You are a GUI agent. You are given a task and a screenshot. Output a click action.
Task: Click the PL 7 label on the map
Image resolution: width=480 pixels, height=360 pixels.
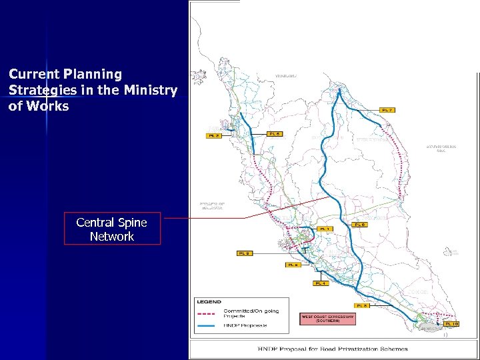coord(387,109)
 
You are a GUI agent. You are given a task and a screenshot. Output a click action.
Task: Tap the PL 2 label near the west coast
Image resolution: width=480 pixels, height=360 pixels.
coord(213,135)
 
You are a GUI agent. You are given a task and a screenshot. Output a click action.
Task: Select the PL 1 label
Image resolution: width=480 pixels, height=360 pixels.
coord(325,229)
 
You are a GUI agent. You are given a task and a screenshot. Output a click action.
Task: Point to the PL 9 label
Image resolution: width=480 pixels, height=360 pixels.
coord(245,253)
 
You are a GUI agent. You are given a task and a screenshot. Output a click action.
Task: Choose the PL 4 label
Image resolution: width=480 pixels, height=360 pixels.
coord(320,283)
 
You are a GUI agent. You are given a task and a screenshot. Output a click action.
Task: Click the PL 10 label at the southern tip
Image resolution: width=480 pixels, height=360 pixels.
coord(451,323)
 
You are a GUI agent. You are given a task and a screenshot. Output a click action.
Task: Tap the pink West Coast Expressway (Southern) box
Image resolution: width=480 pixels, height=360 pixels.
coord(327,319)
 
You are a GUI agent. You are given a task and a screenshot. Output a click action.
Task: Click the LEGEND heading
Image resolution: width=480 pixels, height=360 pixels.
coord(209,302)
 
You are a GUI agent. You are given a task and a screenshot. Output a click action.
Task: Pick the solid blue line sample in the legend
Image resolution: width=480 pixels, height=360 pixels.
coord(208,325)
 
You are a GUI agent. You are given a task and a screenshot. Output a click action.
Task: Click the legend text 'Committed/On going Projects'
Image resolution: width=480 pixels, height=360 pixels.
coord(251,313)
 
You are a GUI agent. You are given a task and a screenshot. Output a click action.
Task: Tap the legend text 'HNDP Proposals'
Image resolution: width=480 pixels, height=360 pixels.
coord(245,325)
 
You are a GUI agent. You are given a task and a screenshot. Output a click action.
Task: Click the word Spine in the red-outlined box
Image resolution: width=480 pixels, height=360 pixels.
coord(131,222)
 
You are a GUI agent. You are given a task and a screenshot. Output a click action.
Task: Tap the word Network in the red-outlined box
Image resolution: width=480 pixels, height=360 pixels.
coord(112,236)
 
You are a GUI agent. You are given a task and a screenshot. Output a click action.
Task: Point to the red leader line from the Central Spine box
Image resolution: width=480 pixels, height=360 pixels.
coord(203,219)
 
